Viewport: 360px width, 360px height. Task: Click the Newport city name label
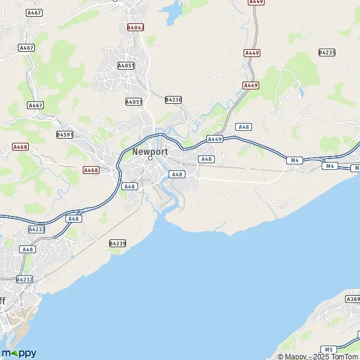(150, 151)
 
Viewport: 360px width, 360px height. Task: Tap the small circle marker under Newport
(150, 158)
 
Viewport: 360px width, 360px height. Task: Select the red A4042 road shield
(136, 27)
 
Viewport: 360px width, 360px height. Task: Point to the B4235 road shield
(327, 53)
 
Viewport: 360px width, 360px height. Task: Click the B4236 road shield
(173, 99)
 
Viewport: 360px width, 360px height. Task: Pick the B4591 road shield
(65, 135)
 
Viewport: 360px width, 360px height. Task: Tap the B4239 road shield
(118, 243)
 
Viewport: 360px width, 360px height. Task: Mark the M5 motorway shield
(328, 349)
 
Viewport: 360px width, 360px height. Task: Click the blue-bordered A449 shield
(215, 139)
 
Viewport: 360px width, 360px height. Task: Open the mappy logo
(19, 353)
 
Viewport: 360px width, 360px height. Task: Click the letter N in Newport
(135, 151)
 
